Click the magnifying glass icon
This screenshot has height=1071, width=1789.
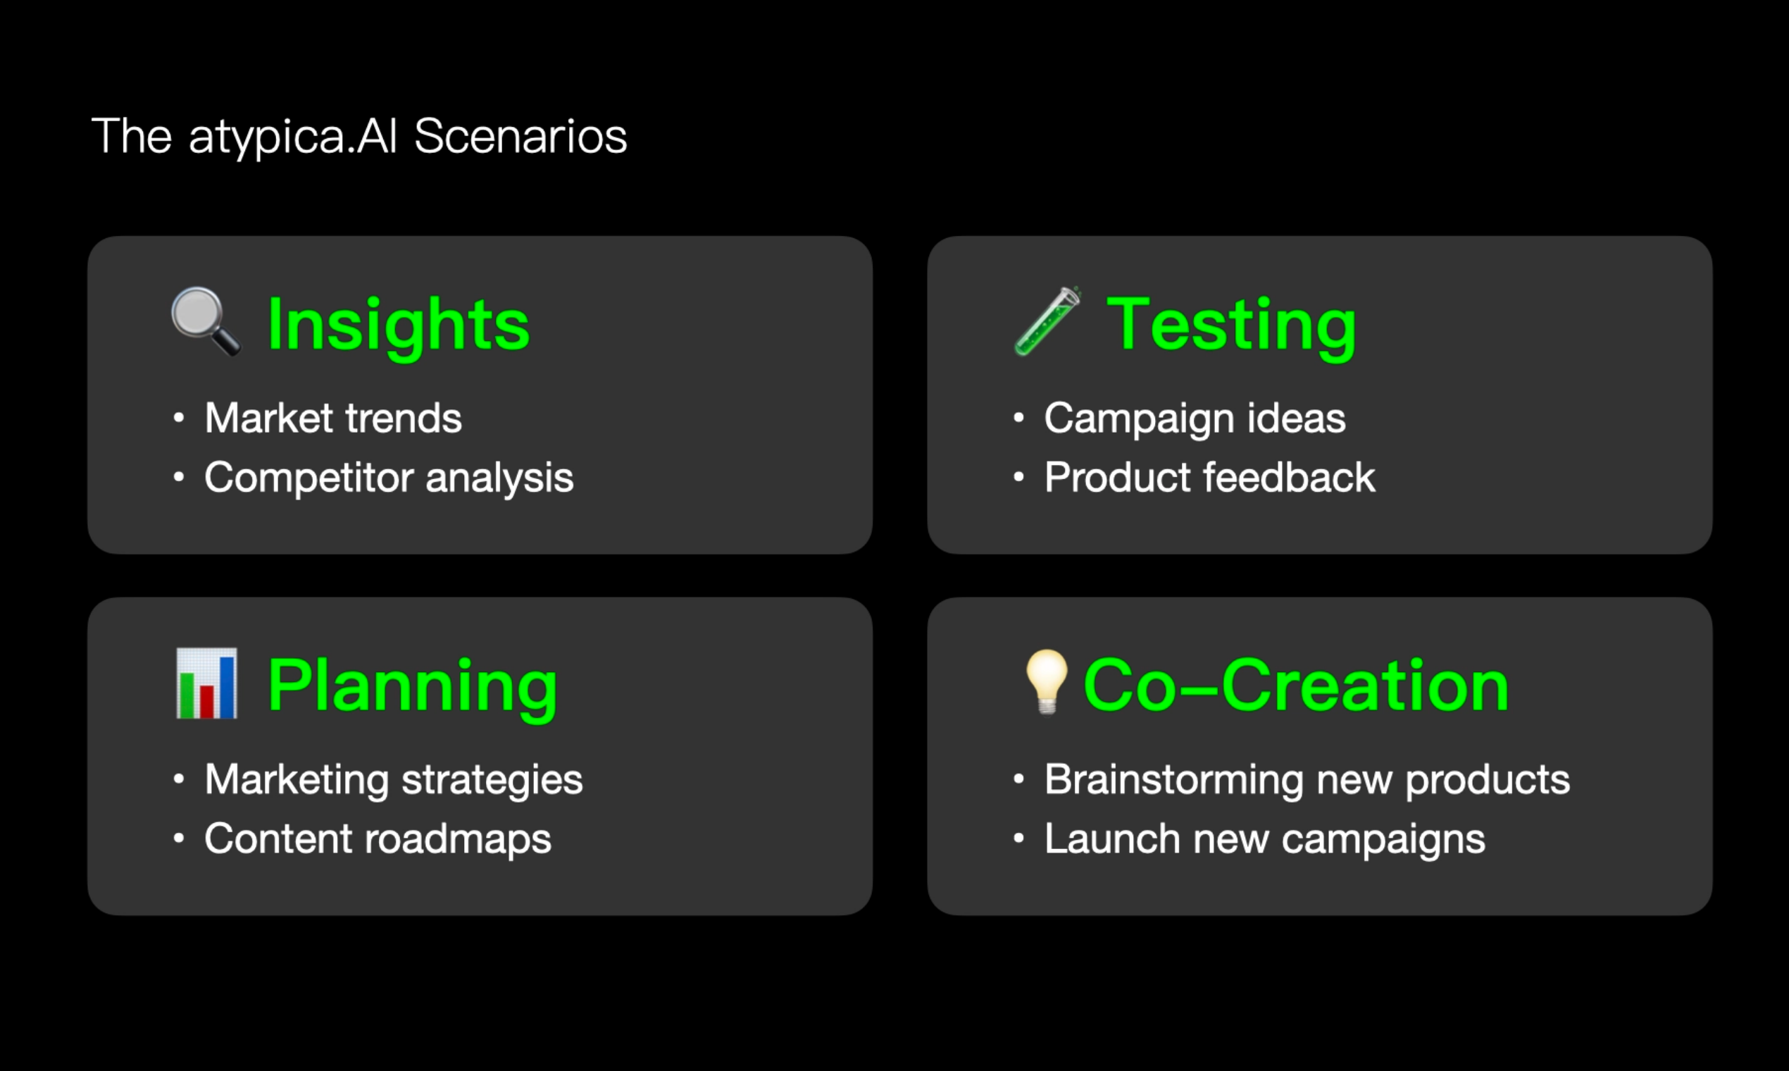click(x=206, y=321)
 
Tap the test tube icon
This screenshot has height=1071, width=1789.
click(x=1047, y=321)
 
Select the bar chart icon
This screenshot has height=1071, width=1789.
click(x=206, y=683)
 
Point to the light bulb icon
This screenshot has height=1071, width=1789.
click(x=1047, y=682)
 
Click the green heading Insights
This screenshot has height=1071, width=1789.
click(x=398, y=326)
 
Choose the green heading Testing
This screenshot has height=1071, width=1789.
click(x=1231, y=326)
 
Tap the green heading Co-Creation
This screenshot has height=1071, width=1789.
click(x=1296, y=686)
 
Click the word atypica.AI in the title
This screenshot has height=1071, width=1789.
click(x=293, y=137)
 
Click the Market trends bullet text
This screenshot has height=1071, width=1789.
click(x=333, y=418)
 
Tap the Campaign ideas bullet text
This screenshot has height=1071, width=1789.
click(x=1195, y=419)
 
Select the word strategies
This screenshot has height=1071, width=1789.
click(x=492, y=780)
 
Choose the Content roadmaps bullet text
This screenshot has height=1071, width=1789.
click(x=378, y=839)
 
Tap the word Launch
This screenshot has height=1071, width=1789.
click(x=1112, y=838)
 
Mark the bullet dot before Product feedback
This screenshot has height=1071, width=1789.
click(x=1018, y=477)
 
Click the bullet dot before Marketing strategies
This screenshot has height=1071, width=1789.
click(x=179, y=779)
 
